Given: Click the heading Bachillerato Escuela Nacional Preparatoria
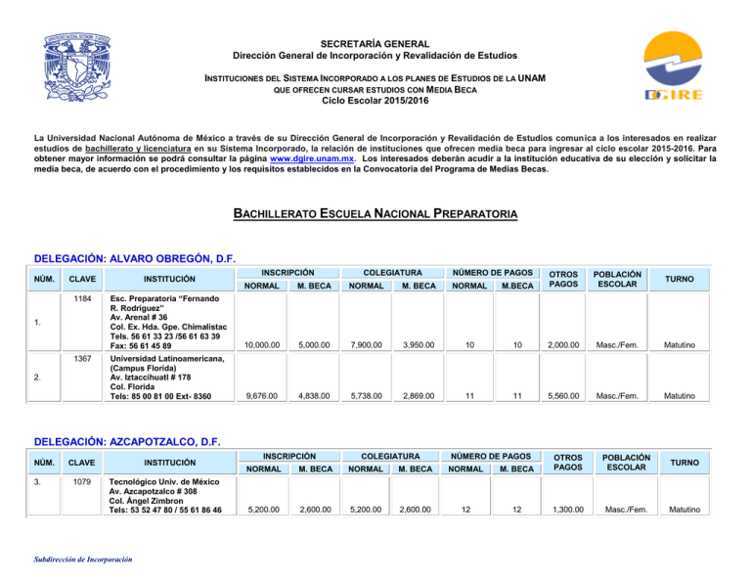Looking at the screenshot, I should tap(376, 213).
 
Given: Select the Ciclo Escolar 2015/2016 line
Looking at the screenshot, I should tap(375, 99).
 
